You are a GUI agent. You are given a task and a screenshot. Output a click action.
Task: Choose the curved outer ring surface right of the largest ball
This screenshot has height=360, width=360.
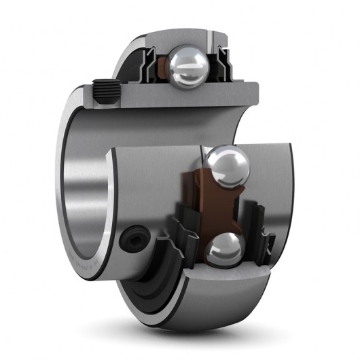tap(272, 177)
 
